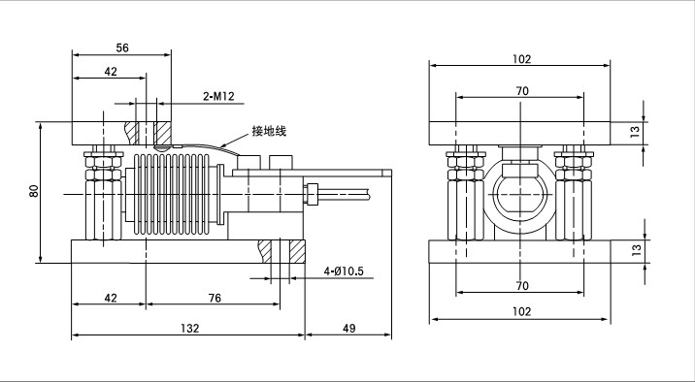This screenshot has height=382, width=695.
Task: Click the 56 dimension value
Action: click(x=122, y=46)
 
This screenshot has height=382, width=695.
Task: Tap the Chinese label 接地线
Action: click(x=268, y=130)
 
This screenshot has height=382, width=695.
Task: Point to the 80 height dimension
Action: click(x=33, y=190)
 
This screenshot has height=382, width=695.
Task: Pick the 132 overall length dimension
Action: click(x=190, y=329)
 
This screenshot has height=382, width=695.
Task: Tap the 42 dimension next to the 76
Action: click(x=110, y=298)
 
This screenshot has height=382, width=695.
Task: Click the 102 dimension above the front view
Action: click(x=521, y=59)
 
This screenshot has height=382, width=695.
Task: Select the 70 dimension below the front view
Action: click(x=521, y=286)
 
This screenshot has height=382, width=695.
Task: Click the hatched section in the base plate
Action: click(x=265, y=250)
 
